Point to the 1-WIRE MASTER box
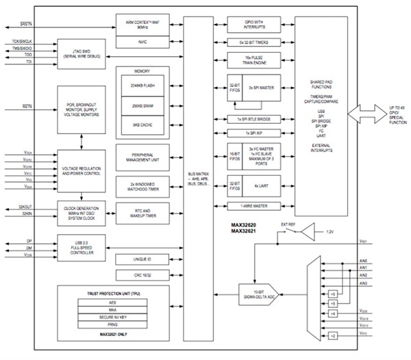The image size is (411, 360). (255, 206)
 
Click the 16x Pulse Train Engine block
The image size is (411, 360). (255, 60)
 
